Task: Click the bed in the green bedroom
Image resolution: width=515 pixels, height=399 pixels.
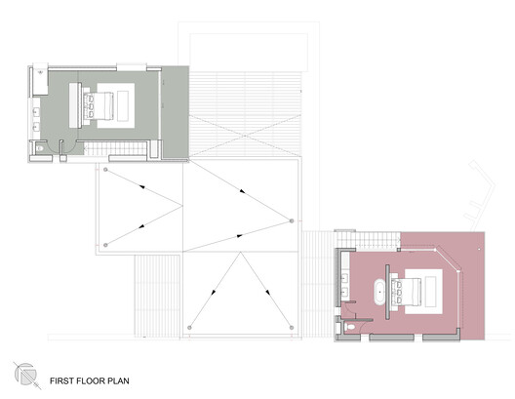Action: pyautogui.click(x=100, y=103)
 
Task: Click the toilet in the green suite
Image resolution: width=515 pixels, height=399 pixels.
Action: pyautogui.click(x=40, y=147)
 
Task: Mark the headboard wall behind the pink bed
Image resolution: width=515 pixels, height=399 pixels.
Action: pyautogui.click(x=391, y=290)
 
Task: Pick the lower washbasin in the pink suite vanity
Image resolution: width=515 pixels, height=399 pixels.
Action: pyautogui.click(x=344, y=291)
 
